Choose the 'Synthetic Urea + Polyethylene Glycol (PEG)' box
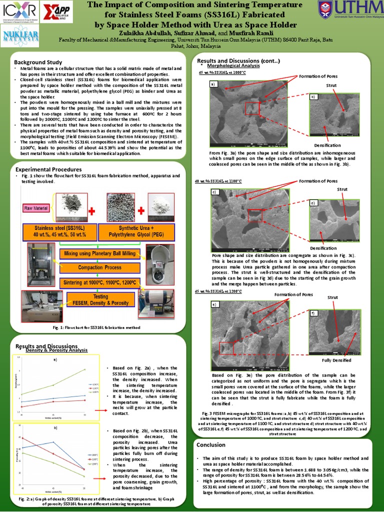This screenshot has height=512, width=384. tap(136, 231)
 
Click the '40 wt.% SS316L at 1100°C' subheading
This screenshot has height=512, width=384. tap(218, 181)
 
